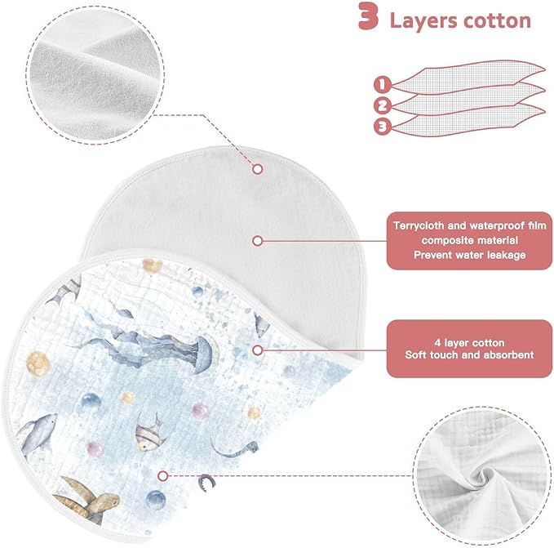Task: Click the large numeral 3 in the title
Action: (369, 16)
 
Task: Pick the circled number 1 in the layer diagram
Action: (383, 84)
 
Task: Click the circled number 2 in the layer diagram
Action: (383, 105)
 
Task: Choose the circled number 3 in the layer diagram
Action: (383, 127)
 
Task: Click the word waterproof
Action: (498, 225)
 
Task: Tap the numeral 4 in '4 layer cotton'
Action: (437, 343)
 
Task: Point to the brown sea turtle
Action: (87, 501)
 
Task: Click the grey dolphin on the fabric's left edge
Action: (37, 432)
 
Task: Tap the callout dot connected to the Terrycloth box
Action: (258, 241)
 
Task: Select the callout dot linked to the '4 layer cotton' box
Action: (258, 350)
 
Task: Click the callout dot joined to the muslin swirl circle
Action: (162, 476)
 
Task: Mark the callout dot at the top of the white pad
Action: (258, 169)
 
